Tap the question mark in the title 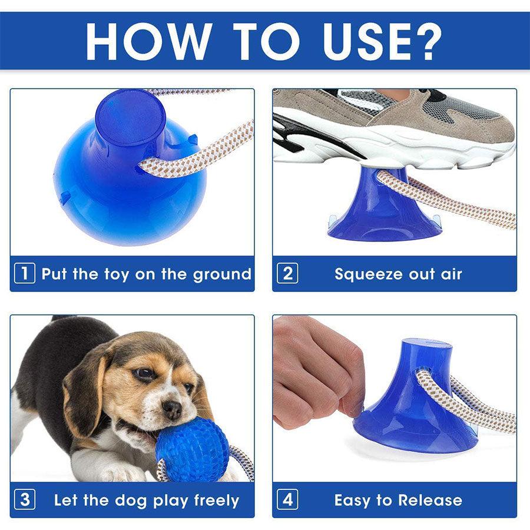tap(426, 41)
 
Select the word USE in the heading tap(364, 41)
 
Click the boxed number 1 tap(25, 273)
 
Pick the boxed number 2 tap(287, 273)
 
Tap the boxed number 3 tap(25, 499)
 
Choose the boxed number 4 tap(287, 499)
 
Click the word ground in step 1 tap(222, 275)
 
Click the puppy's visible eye tap(144, 373)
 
